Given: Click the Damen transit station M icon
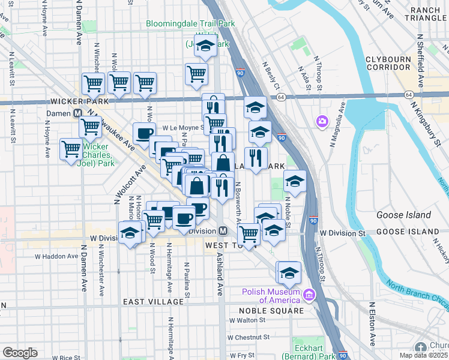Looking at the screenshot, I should pyautogui.click(x=77, y=113).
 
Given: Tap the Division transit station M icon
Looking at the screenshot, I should pyautogui.click(x=222, y=231).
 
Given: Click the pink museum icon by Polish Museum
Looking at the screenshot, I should pyautogui.click(x=309, y=295).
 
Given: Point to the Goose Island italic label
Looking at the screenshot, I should pyautogui.click(x=403, y=215).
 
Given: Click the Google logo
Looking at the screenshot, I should pyautogui.click(x=20, y=353).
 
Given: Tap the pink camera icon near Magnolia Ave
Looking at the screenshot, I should pyautogui.click(x=322, y=122).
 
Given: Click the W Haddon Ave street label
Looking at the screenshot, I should pyautogui.click(x=56, y=256).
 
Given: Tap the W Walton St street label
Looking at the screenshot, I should pyautogui.click(x=247, y=320).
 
